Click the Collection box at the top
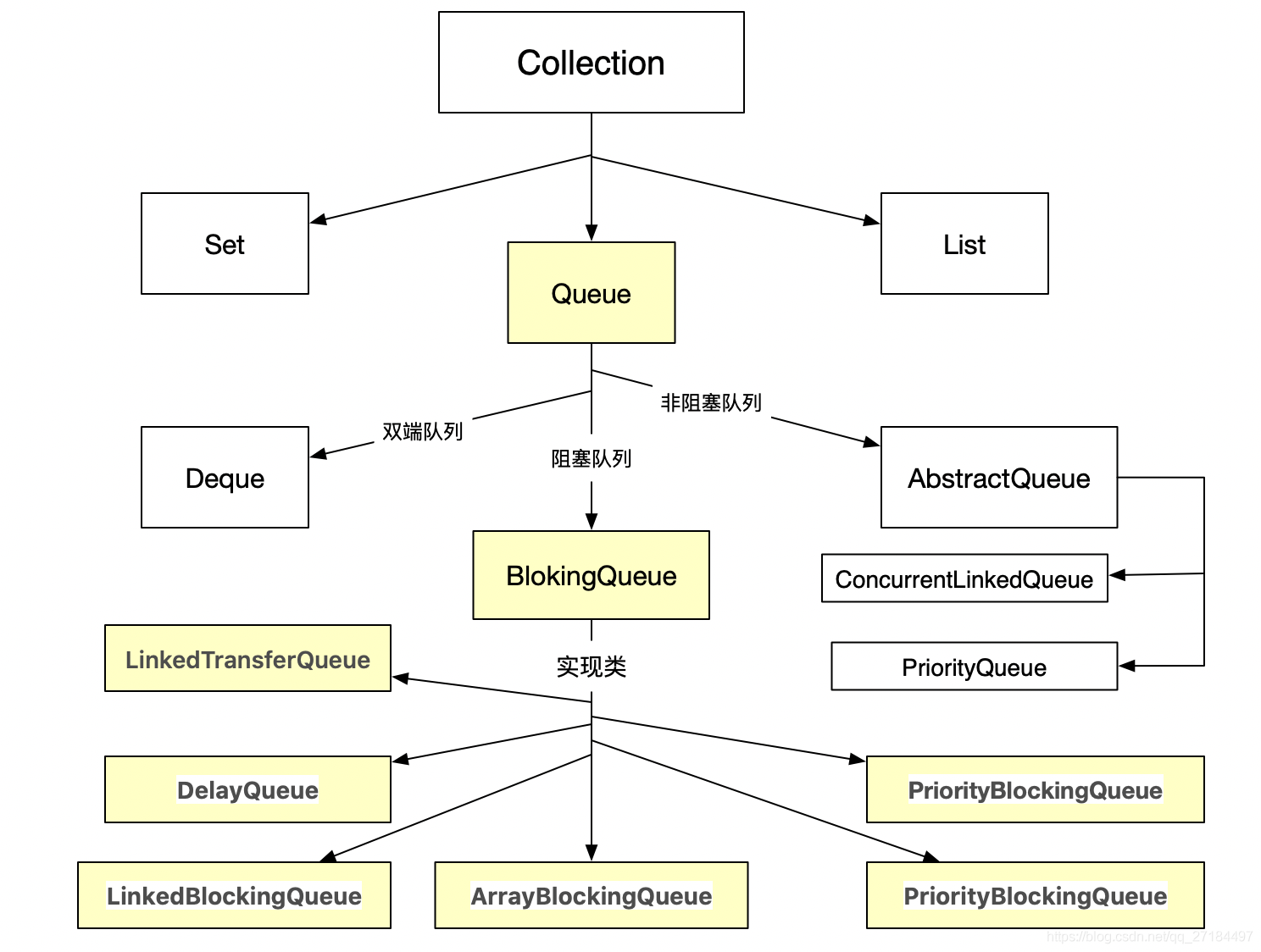[591, 63]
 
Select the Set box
[225, 244]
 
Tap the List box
[964, 244]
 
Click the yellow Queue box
[591, 293]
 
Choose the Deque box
[225, 478]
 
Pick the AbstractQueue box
[998, 478]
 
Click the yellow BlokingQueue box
[591, 576]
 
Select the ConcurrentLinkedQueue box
[964, 579]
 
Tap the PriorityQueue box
[974, 667]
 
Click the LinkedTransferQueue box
[247, 659]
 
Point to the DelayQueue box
[247, 789]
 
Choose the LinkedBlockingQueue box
[234, 895]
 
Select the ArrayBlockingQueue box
[591, 895]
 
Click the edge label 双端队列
[422, 432]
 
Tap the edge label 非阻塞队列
[710, 403]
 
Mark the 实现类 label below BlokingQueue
[591, 667]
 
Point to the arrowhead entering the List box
[871, 221]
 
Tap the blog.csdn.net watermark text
[1148, 937]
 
